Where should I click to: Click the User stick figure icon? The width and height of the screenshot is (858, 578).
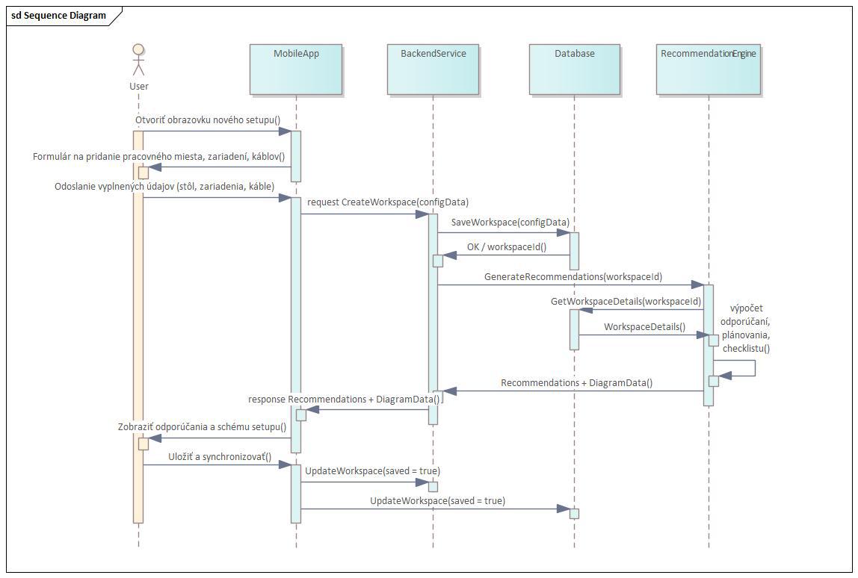[x=138, y=60]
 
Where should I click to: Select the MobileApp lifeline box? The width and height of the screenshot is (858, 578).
[x=296, y=69]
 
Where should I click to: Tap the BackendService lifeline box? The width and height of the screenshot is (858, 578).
[x=433, y=69]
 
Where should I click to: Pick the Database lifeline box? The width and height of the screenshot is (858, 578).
[x=575, y=69]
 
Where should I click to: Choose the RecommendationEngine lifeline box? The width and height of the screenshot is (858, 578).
[x=709, y=69]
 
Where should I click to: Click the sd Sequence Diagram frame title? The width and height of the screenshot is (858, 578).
[x=58, y=15]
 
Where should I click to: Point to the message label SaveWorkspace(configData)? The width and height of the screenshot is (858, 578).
[x=510, y=223]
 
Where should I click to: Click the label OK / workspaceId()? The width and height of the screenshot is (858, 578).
[x=507, y=246]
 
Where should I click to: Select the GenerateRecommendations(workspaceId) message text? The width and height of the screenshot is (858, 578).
[x=572, y=276]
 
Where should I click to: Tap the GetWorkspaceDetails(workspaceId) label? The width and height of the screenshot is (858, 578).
[x=626, y=301]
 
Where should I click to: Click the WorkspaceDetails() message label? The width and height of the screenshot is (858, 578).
[x=644, y=326]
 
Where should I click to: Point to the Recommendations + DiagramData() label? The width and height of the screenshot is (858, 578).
[x=576, y=382]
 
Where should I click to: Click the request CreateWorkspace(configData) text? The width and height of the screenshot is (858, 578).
[x=388, y=202]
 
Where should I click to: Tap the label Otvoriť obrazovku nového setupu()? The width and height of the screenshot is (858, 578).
[x=208, y=119]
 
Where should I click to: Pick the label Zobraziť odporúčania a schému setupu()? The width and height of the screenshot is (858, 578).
[x=202, y=426]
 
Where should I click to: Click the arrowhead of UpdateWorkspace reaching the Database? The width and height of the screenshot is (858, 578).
[x=564, y=509]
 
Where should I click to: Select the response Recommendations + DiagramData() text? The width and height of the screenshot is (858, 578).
[x=344, y=399]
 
